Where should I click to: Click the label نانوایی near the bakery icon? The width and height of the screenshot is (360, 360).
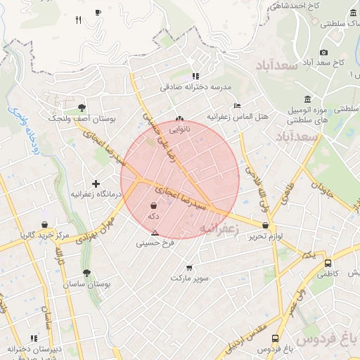pyautogui.click(x=179, y=129)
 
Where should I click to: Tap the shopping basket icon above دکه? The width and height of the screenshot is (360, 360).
pyautogui.click(x=153, y=206)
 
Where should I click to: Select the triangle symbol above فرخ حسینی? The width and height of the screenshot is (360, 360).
pyautogui.click(x=155, y=232)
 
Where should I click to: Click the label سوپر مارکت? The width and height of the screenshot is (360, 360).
pyautogui.click(x=189, y=278)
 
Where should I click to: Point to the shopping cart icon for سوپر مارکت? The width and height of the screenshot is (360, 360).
pyautogui.click(x=189, y=267)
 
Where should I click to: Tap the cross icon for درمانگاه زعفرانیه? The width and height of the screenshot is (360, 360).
pyautogui.click(x=96, y=184)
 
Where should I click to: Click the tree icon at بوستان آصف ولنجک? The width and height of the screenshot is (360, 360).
pyautogui.click(x=82, y=108)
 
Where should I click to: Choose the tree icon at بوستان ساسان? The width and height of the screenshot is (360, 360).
pyautogui.click(x=86, y=273)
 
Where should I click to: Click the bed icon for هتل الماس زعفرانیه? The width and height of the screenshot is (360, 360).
pyautogui.click(x=237, y=105)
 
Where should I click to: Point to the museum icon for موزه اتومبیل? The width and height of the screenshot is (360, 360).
pyautogui.click(x=307, y=99)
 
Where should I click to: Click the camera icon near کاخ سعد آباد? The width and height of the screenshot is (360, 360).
pyautogui.click(x=323, y=52)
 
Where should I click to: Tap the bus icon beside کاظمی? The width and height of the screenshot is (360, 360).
pyautogui.click(x=328, y=263)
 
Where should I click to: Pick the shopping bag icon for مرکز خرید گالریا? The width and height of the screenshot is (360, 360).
pyautogui.click(x=44, y=225)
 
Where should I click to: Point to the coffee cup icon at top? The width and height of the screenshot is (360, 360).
pyautogui.click(x=98, y=12)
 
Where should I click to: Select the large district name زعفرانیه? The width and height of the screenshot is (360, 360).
pyautogui.click(x=220, y=229)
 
